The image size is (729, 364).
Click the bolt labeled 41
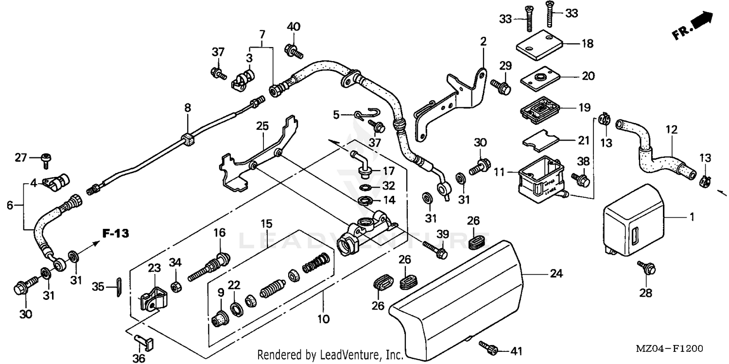(x=489, y=347)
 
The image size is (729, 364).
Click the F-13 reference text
(x=115, y=234)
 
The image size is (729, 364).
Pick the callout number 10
(x=323, y=319)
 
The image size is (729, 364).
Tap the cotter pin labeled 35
(x=119, y=286)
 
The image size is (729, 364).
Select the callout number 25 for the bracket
(x=262, y=127)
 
